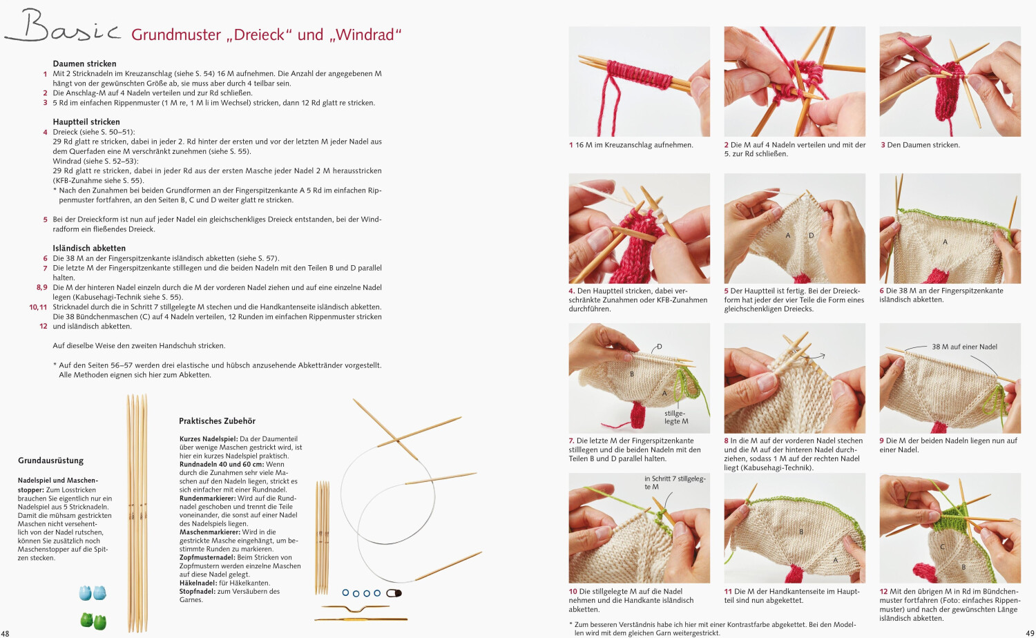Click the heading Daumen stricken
tap(84, 64)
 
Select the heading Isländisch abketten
tap(89, 248)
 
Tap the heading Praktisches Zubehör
tap(217, 420)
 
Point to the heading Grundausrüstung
tap(50, 461)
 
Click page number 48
tap(5, 632)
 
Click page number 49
tap(1030, 632)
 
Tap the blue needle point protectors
tap(93, 592)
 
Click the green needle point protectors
tap(93, 620)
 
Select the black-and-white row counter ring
tap(394, 593)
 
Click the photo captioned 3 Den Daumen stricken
tap(950, 81)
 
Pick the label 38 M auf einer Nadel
tap(964, 347)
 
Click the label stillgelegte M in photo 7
tap(676, 417)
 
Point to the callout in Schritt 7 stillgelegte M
tap(674, 482)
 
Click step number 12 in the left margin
tap(43, 326)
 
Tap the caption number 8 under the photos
tap(726, 441)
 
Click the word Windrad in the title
tap(366, 35)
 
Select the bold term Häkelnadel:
tap(200, 583)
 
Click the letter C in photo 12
tap(942, 546)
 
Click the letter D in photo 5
tap(811, 235)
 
